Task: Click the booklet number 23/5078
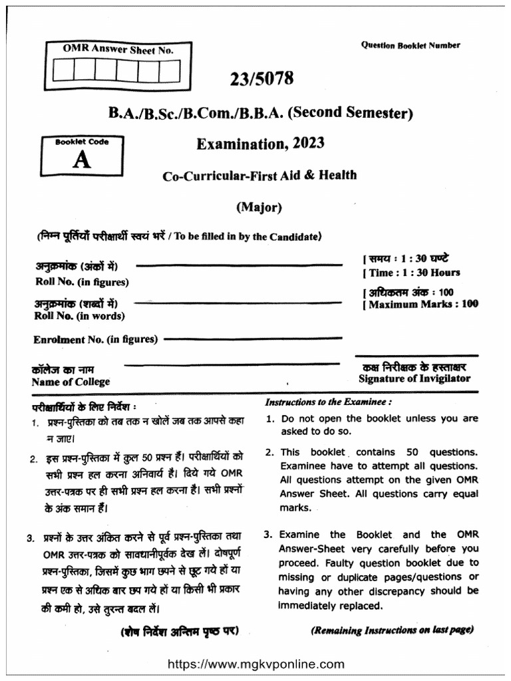(x=261, y=79)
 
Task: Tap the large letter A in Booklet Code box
(x=81, y=160)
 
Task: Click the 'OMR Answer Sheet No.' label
(x=118, y=49)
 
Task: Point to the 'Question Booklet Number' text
(x=410, y=45)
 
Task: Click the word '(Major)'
(x=259, y=207)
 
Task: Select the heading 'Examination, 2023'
(x=260, y=144)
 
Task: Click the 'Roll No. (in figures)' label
(x=82, y=281)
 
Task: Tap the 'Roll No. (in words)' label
(x=79, y=316)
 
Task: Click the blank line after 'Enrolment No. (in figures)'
(x=253, y=339)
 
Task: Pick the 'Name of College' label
(x=71, y=382)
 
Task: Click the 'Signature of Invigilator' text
(x=414, y=378)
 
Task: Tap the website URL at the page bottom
(x=255, y=664)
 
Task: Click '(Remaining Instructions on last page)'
(x=392, y=630)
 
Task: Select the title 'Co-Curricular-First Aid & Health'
(x=259, y=176)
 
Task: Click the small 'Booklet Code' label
(x=81, y=142)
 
